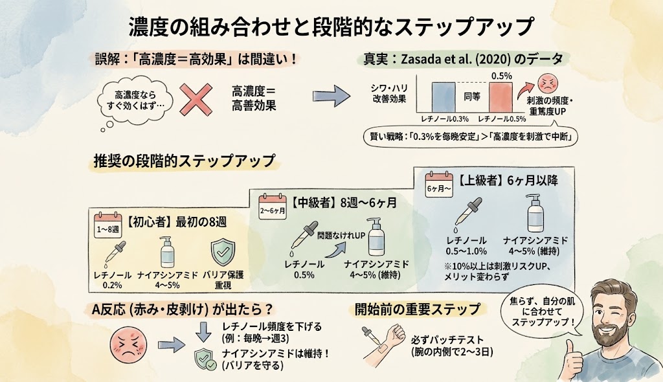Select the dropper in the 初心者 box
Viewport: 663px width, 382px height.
pos(115,254)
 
